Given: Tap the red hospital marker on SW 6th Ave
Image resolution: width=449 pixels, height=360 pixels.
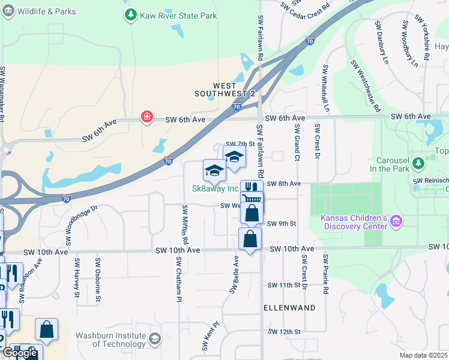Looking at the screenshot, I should point(146,117).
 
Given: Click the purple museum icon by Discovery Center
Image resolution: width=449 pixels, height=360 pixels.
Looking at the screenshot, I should point(395,222).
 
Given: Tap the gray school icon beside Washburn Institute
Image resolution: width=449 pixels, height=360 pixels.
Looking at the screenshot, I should point(155,340).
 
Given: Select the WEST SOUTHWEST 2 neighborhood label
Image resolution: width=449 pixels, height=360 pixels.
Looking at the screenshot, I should point(225,90).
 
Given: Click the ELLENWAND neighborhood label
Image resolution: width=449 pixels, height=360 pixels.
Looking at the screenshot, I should point(290,307).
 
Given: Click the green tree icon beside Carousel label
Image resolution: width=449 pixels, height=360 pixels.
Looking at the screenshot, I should point(431,161).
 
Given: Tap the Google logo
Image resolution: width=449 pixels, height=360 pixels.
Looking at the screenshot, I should point(20,353).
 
